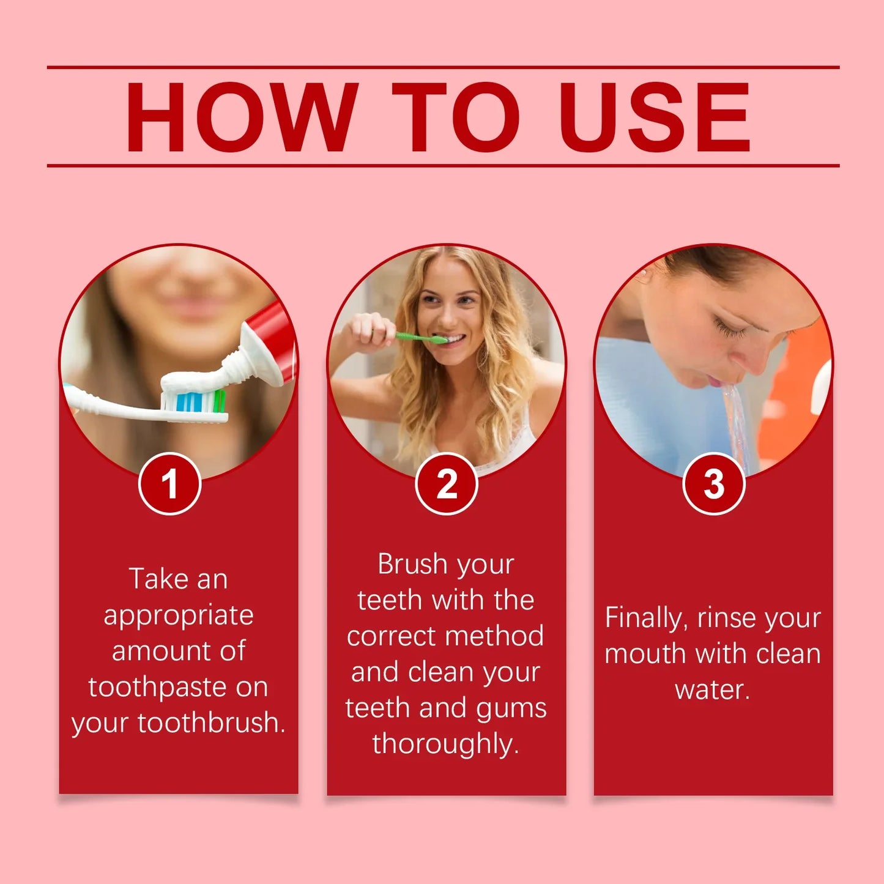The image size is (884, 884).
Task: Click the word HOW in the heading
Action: [x=242, y=117]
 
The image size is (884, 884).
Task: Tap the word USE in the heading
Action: [x=654, y=117]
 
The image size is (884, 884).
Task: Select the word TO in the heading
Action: [x=456, y=117]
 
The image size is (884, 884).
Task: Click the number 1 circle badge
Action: [x=170, y=484]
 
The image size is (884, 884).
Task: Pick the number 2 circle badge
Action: [x=447, y=484]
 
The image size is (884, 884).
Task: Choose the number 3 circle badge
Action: [x=713, y=484]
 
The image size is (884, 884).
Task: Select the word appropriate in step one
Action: [x=179, y=615]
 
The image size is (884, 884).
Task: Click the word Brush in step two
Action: [x=412, y=564]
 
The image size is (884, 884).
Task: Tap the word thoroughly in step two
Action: [x=445, y=744]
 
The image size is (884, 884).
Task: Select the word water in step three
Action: [x=711, y=689]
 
